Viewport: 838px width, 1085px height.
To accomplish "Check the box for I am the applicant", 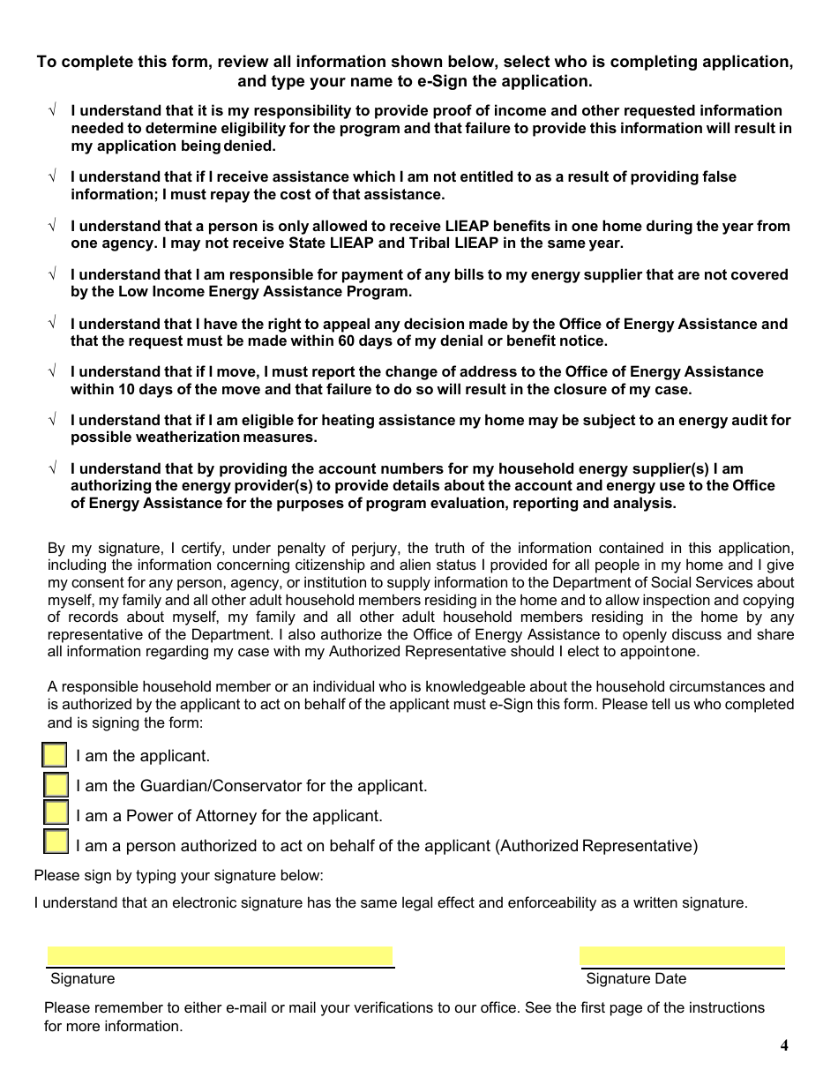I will pos(55,755).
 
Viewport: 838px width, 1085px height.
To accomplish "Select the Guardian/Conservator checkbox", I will pos(56,785).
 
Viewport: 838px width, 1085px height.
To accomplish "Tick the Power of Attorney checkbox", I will pos(56,815).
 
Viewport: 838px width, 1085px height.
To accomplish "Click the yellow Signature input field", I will pos(220,956).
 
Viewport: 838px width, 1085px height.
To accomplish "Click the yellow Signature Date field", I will pos(682,956).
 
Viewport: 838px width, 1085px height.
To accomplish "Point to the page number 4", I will pos(784,1046).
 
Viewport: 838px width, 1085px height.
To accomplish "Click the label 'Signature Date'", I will pos(635,978).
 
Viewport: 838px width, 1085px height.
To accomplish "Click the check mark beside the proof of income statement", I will pos(52,111).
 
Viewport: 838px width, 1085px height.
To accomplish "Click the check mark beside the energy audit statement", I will pos(52,421).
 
